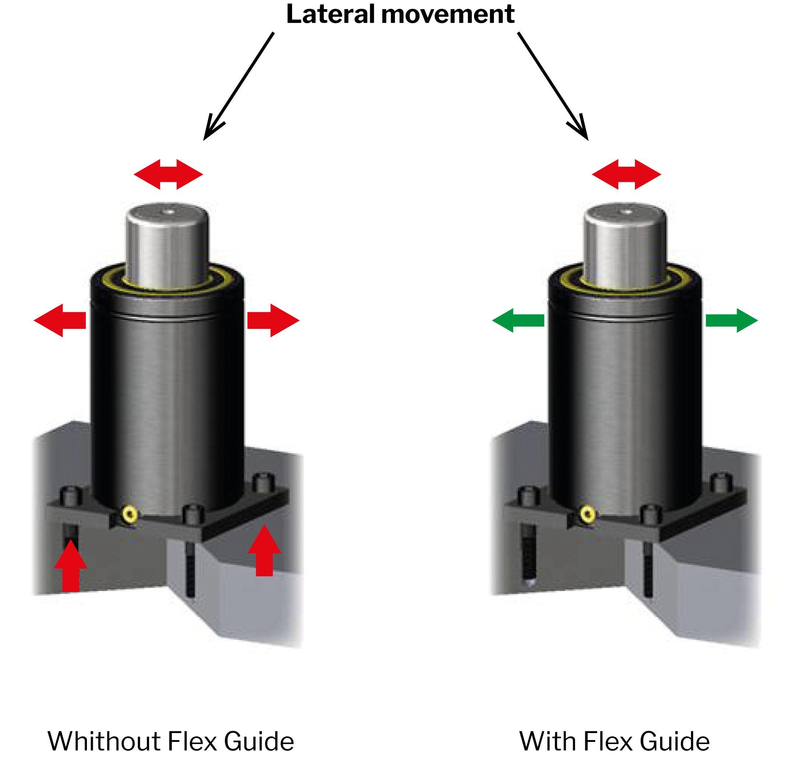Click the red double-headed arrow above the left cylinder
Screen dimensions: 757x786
[x=168, y=174]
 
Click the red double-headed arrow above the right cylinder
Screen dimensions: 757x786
[x=627, y=174]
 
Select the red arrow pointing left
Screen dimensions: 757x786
[x=60, y=320]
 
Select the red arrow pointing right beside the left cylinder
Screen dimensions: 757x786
[x=273, y=320]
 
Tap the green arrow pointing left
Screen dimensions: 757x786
[x=518, y=320]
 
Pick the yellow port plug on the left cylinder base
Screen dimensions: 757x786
[x=130, y=514]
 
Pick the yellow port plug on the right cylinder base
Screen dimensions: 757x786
[x=588, y=514]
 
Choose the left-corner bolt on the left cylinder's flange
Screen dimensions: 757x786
[x=71, y=496]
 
